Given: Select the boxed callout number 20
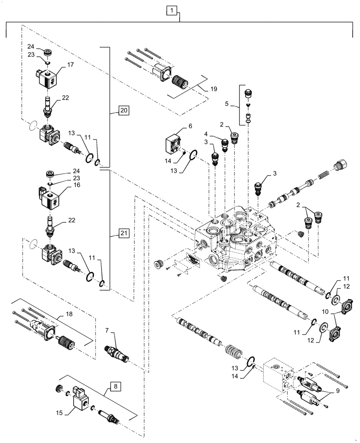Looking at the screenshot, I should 125,110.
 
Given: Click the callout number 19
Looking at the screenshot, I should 214,89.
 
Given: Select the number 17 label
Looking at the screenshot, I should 70,65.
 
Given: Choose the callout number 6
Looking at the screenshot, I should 191,127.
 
